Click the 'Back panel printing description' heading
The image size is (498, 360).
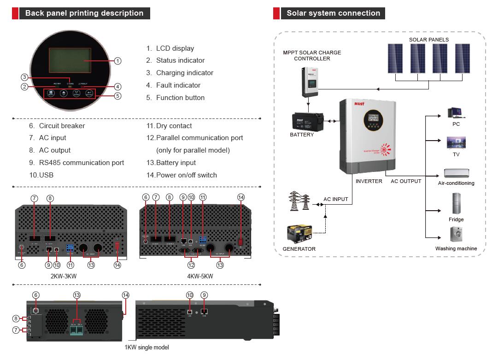tap(84, 13)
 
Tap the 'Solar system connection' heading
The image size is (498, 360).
tap(333, 13)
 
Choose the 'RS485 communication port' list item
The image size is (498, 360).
tap(82, 163)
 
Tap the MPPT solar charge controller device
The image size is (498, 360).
tap(312, 81)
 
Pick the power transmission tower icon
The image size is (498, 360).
tap(297, 202)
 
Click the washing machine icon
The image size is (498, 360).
tap(456, 235)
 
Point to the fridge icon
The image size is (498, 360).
tap(456, 204)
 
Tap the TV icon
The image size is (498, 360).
tap(456, 142)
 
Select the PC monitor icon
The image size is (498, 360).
tap(456, 112)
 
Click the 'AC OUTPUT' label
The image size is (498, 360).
tap(406, 182)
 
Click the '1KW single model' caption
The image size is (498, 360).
tap(146, 347)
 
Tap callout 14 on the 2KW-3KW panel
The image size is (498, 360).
tap(117, 265)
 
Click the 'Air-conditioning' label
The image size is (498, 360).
tap(456, 183)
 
